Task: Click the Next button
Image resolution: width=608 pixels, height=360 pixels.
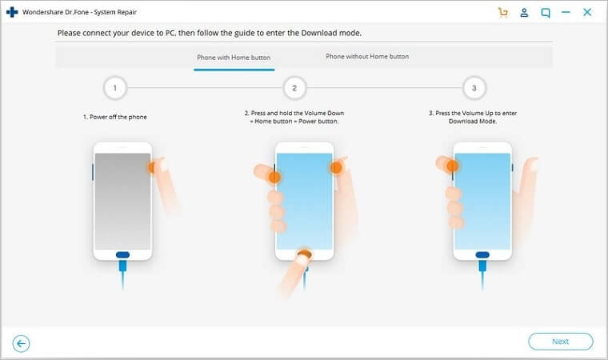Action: coord(560,342)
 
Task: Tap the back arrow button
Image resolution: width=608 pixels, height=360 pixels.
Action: coord(21,343)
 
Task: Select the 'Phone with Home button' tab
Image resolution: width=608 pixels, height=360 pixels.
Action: coord(234,58)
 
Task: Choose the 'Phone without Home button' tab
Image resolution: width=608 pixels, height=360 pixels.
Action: coord(367,56)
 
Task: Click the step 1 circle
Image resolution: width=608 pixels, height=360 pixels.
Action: coord(114,88)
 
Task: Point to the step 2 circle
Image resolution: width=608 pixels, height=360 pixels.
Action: coord(294,88)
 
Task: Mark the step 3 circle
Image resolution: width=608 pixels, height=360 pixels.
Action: coord(474,88)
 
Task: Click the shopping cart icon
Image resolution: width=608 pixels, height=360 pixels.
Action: coord(503,13)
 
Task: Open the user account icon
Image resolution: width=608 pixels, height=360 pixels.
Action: coord(524,13)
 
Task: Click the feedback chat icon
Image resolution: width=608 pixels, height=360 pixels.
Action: coord(545,13)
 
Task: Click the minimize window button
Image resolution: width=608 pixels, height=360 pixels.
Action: coord(566,13)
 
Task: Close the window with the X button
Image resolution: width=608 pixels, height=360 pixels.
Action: coord(587,13)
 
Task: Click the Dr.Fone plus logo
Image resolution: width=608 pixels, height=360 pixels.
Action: coord(12,12)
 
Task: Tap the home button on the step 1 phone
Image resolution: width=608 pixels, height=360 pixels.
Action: coord(122,255)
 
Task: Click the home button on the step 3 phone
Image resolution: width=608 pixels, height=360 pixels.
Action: coord(482,255)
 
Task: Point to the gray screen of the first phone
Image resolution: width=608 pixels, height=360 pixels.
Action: coord(122,202)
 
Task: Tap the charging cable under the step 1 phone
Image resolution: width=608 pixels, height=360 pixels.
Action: coord(122,274)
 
